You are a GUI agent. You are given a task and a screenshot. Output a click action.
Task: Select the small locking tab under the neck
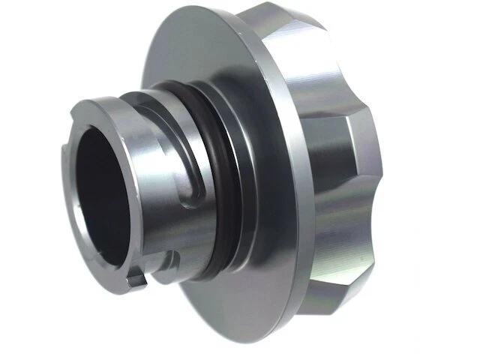136,280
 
